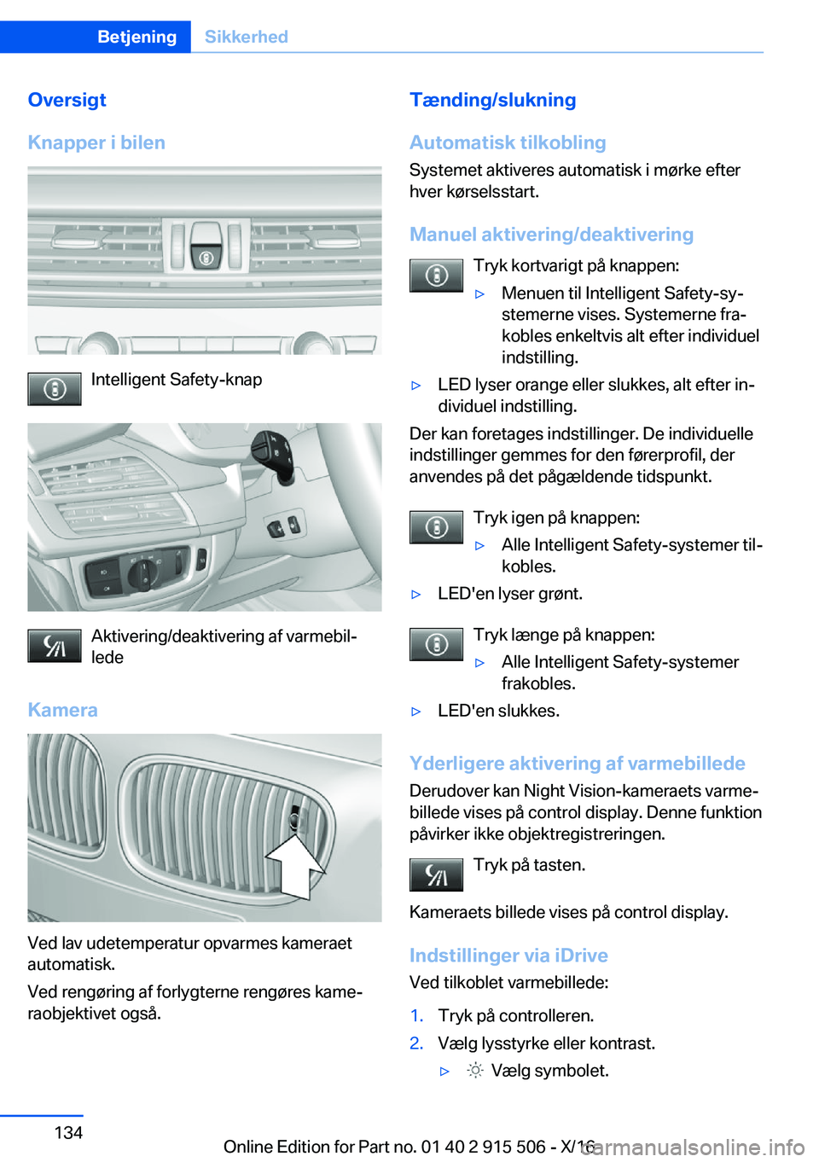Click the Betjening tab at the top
click(x=136, y=37)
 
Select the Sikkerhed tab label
click(x=246, y=37)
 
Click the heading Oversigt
click(x=67, y=100)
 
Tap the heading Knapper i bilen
click(x=96, y=142)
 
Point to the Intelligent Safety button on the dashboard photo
click(x=206, y=256)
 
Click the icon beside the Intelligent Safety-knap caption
click(x=55, y=389)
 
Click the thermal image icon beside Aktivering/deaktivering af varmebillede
click(x=55, y=646)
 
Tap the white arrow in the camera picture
click(x=295, y=866)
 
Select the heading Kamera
click(x=62, y=710)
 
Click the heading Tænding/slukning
click(x=492, y=100)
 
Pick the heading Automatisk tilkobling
click(x=508, y=142)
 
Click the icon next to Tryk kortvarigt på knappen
click(x=436, y=276)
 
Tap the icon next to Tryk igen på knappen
click(x=436, y=527)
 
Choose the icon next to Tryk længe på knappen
click(x=436, y=644)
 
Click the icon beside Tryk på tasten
click(x=436, y=874)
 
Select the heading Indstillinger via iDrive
click(x=508, y=956)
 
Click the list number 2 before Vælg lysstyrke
click(x=416, y=1043)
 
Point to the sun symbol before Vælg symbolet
click(x=475, y=1071)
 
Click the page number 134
click(x=68, y=1132)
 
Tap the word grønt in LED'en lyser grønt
click(x=559, y=594)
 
